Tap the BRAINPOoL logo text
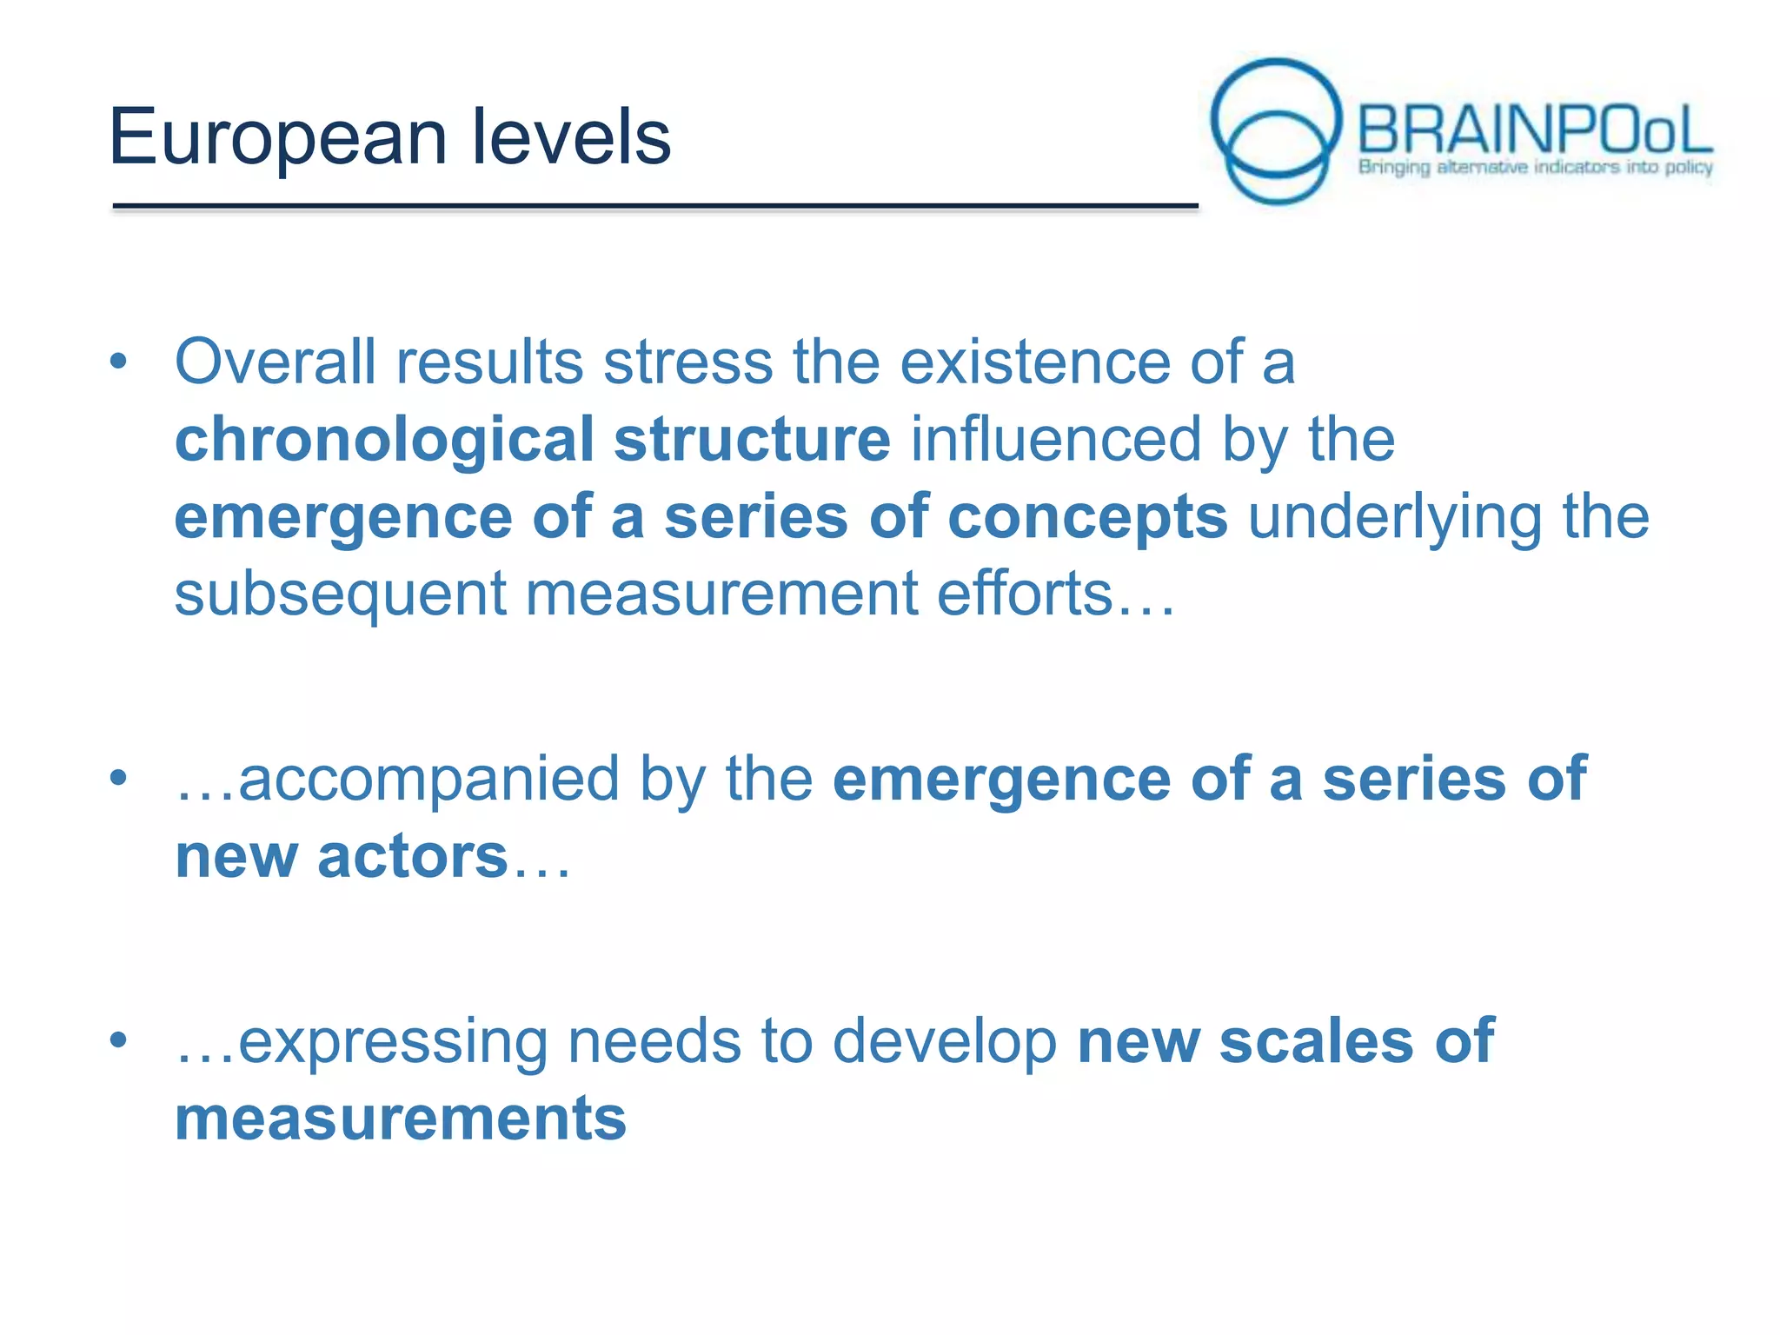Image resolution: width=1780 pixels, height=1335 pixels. [x=1534, y=130]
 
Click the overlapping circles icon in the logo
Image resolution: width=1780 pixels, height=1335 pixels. [x=1276, y=130]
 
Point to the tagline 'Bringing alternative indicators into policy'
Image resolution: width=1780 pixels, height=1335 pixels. [x=1535, y=167]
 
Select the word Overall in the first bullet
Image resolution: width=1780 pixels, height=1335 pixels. [x=276, y=362]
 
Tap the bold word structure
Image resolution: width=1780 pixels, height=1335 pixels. [x=752, y=439]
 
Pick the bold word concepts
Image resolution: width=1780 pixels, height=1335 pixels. [x=1087, y=518]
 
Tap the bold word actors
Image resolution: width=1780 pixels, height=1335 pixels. [x=412, y=857]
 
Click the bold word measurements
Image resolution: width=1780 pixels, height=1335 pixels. [x=401, y=1119]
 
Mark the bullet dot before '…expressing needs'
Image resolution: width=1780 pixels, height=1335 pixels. [x=119, y=1039]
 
